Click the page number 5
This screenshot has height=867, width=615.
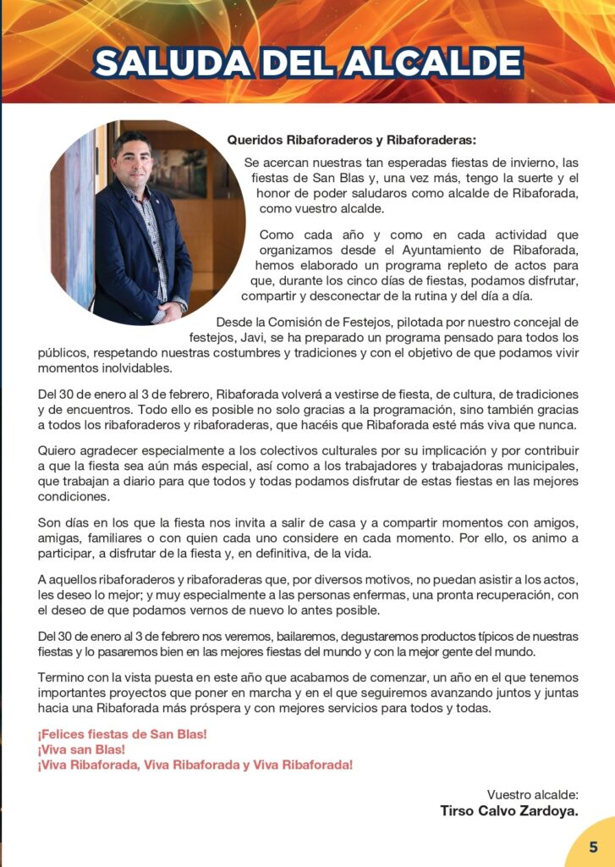594,847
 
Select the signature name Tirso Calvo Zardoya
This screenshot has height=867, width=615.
509,810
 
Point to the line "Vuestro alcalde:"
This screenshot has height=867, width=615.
533,794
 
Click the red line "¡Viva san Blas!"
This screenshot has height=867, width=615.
81,749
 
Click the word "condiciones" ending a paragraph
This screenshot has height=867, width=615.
73,497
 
